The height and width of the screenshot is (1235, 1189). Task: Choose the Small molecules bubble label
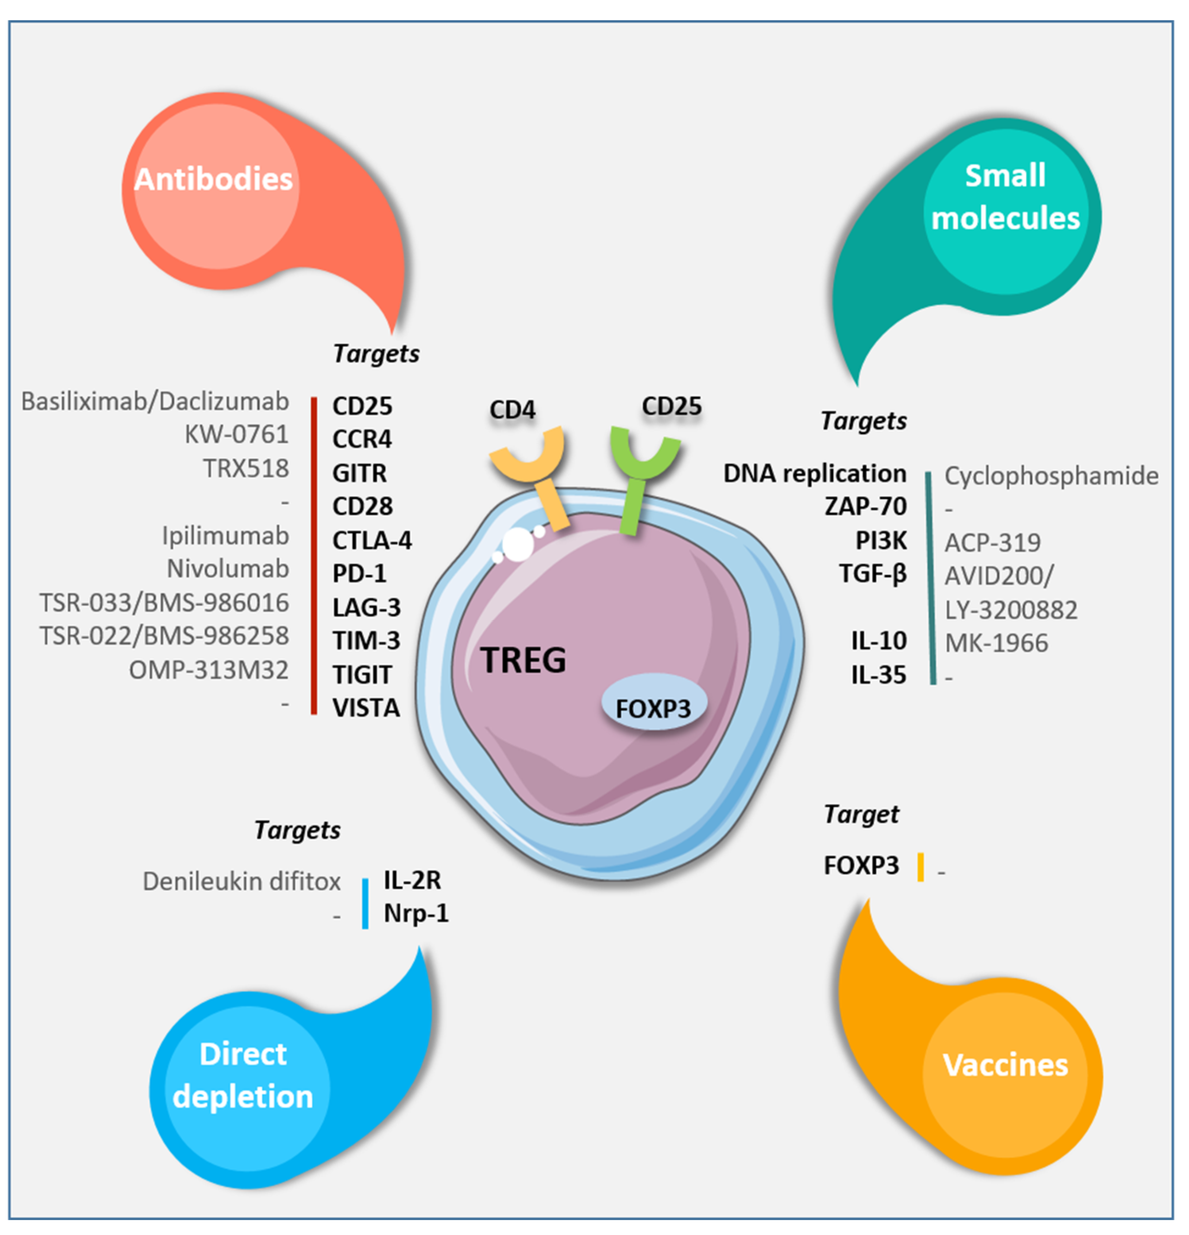(x=1005, y=197)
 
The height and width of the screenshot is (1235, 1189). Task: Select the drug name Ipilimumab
(x=225, y=535)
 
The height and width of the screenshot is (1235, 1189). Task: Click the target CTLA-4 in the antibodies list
(x=371, y=540)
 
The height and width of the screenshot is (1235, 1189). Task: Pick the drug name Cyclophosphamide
(x=1050, y=476)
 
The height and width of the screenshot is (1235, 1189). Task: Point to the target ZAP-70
(x=865, y=506)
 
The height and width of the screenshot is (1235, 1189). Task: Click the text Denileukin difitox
(x=241, y=881)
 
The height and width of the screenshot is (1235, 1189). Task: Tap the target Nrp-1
(x=416, y=913)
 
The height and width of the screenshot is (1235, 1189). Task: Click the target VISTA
(x=366, y=708)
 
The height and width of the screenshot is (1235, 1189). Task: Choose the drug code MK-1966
(x=996, y=643)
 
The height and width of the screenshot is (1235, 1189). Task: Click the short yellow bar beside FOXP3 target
(x=920, y=867)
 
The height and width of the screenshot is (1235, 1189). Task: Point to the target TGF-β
(x=872, y=573)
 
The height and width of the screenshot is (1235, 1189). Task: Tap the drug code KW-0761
(x=236, y=434)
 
